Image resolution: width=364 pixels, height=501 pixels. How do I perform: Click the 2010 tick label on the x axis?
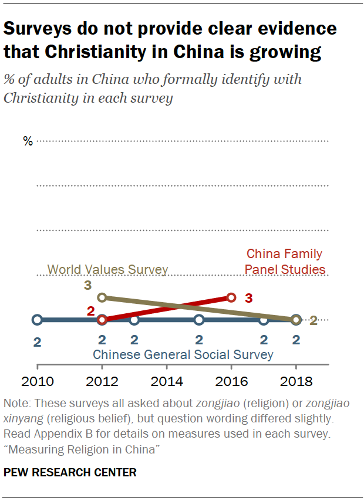click(37, 382)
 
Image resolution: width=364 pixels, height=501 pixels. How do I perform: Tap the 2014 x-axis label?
click(167, 382)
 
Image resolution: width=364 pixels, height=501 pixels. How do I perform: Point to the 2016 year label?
click(231, 382)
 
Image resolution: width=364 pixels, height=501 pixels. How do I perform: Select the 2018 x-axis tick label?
click(296, 382)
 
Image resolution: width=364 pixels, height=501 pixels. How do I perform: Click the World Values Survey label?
click(107, 270)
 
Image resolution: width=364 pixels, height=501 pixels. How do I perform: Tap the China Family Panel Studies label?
click(285, 262)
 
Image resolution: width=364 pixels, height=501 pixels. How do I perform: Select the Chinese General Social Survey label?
click(183, 354)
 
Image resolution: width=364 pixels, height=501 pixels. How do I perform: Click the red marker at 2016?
click(231, 297)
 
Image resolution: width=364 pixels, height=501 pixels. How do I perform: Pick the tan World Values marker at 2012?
click(102, 297)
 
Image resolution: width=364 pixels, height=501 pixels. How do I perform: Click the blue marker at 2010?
click(37, 320)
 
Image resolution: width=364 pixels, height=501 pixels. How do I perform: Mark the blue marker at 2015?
click(199, 320)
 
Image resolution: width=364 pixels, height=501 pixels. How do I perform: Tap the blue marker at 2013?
click(134, 320)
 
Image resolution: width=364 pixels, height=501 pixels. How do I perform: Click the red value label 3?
click(249, 298)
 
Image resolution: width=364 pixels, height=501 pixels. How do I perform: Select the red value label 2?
click(90, 311)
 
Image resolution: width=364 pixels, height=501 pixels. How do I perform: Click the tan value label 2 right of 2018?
click(314, 320)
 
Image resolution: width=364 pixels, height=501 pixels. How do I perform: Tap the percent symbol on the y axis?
click(28, 141)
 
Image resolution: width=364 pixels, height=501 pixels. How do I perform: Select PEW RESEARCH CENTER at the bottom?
click(70, 472)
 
